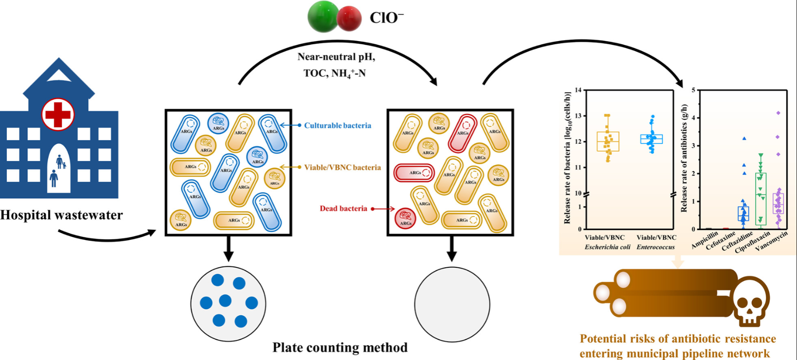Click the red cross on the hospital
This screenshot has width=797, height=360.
tap(58, 114)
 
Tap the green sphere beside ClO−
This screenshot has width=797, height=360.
tap(323, 16)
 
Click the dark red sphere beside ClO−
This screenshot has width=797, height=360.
tap(349, 18)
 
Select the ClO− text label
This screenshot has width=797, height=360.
tap(387, 18)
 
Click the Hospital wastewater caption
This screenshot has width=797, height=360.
tap(61, 215)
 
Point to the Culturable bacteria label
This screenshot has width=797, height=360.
tap(337, 125)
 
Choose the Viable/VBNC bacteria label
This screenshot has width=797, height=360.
tap(342, 167)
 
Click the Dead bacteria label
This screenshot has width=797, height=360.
tap(343, 208)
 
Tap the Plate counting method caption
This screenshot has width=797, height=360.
tap(340, 347)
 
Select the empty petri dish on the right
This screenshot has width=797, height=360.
tap(452, 304)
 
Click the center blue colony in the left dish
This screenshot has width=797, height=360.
tap(225, 301)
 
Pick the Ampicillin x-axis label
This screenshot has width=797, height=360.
tap(704, 240)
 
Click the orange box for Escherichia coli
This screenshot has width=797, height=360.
tap(607, 142)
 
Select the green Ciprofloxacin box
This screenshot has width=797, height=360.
tap(761, 199)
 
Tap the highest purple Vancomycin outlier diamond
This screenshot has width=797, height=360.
tap(779, 113)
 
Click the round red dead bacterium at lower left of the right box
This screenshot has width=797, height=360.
tap(405, 218)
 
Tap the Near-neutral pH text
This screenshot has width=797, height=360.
tap(336, 57)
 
